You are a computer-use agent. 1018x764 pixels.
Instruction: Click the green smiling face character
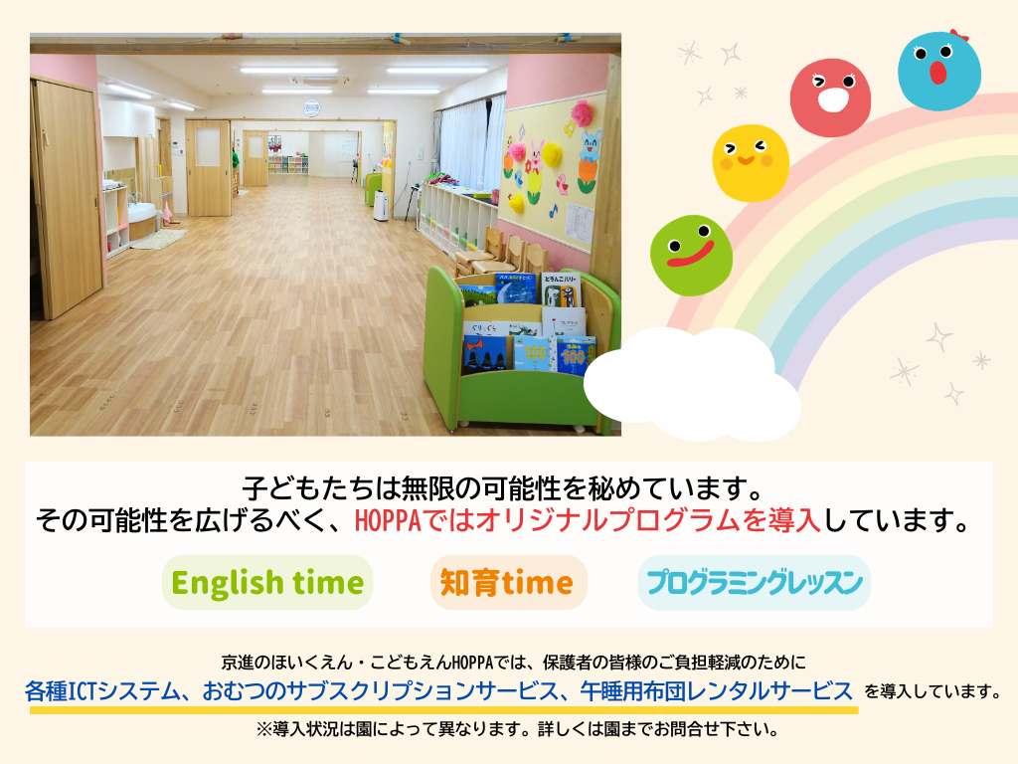[x=692, y=256]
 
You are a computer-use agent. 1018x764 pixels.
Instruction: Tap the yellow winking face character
[x=751, y=162]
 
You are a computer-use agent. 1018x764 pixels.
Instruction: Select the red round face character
[x=830, y=98]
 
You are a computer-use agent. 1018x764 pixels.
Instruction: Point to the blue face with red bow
[x=939, y=70]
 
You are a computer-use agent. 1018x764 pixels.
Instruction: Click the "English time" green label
[x=267, y=582]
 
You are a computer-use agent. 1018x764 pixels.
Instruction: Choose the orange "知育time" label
[x=508, y=582]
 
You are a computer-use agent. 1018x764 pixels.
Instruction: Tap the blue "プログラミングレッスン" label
[x=754, y=582]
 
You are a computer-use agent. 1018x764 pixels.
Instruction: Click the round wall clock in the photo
[x=311, y=107]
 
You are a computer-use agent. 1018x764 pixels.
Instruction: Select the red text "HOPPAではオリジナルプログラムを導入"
[x=588, y=521]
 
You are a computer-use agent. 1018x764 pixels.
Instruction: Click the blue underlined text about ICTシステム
[x=438, y=691]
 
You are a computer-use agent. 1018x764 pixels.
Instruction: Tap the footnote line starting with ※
[x=517, y=729]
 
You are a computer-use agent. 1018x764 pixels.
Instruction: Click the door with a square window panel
[x=208, y=167]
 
